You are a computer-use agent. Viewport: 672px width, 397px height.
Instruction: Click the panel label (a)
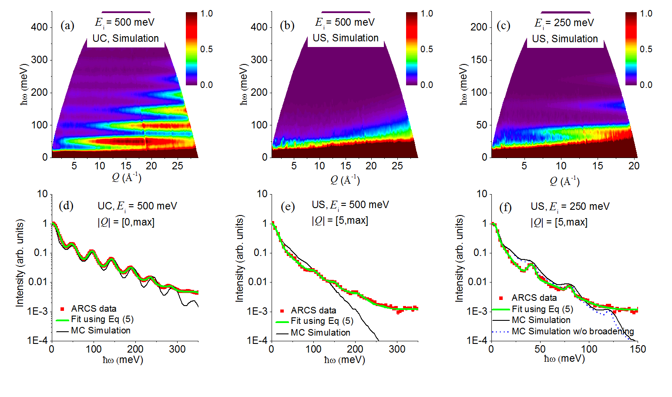67,26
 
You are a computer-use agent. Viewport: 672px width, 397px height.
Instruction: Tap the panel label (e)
288,206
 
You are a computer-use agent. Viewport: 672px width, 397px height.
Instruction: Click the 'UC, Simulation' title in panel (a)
125,38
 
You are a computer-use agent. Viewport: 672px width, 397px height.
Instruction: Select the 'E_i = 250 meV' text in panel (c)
564,23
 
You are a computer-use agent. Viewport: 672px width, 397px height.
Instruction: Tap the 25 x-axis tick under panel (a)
177,166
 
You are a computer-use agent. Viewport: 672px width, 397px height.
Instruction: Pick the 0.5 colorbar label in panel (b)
427,49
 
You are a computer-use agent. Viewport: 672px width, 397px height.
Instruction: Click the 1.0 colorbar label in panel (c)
646,14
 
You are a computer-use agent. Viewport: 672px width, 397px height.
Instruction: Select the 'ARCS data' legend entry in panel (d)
94,309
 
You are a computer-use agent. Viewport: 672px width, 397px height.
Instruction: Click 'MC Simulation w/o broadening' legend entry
572,331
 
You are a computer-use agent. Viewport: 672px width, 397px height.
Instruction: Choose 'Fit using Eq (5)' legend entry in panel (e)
322,321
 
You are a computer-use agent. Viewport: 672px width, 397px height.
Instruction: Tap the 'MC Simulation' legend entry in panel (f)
541,320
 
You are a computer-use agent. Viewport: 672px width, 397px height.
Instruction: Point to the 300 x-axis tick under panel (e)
397,349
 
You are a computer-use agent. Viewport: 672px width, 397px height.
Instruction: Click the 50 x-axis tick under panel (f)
540,349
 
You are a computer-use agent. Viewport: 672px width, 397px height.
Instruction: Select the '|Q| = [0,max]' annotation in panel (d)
126,222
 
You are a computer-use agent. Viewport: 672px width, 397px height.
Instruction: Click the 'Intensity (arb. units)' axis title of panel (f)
459,260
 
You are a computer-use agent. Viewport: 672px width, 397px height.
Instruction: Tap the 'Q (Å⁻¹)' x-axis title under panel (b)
345,179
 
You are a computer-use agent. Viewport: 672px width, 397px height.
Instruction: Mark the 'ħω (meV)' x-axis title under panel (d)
123,360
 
